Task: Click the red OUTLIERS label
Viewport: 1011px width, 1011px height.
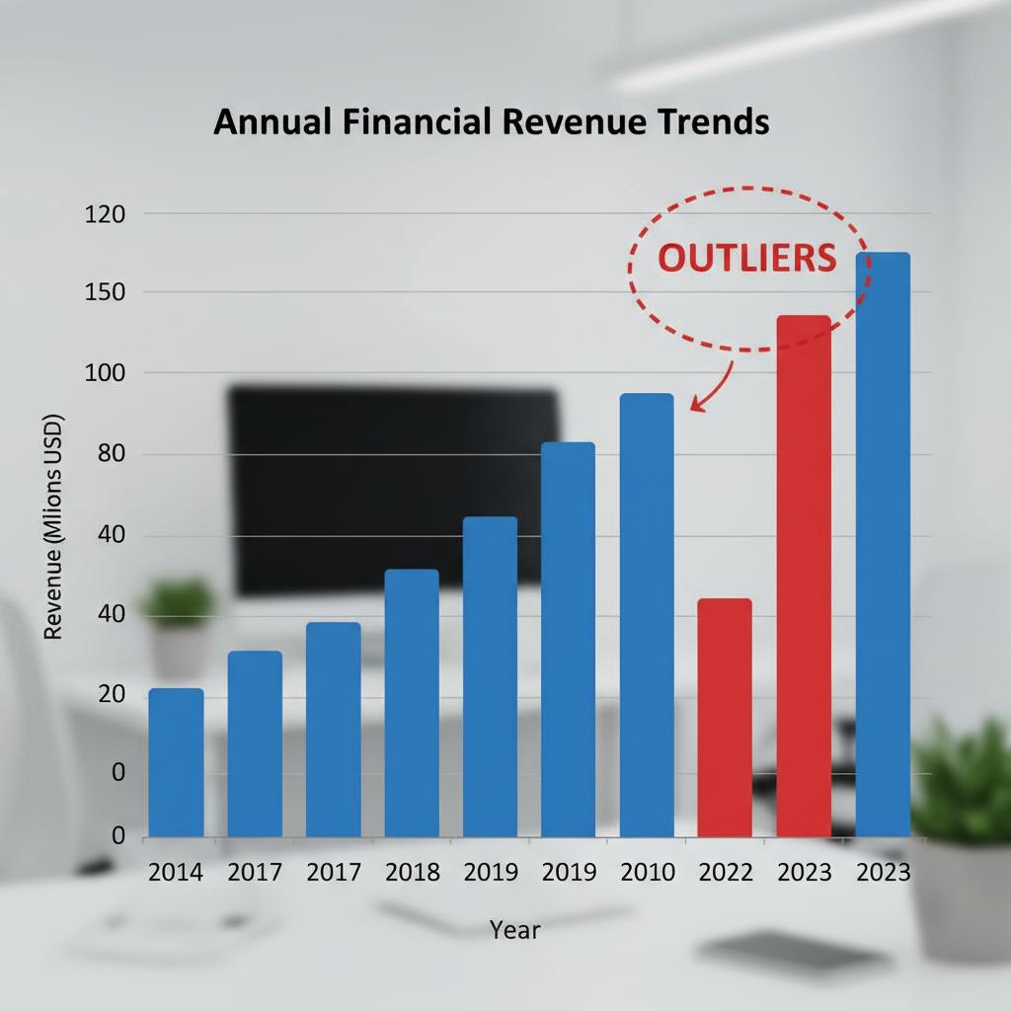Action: pyautogui.click(x=746, y=258)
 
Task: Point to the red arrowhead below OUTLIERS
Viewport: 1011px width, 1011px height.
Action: pyautogui.click(x=696, y=404)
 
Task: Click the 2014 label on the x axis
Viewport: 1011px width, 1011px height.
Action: pyautogui.click(x=176, y=873)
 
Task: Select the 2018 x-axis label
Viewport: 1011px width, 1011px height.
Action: pyautogui.click(x=412, y=873)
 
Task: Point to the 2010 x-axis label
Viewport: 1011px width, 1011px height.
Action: pyautogui.click(x=648, y=873)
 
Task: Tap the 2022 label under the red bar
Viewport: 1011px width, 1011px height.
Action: pyautogui.click(x=726, y=873)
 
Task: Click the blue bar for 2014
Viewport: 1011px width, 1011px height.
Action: pyautogui.click(x=176, y=762)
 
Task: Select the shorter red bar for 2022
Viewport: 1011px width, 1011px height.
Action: pyautogui.click(x=725, y=718)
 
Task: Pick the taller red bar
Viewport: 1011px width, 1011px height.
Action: pyautogui.click(x=804, y=577)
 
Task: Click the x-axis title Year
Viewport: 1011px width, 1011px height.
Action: pyautogui.click(x=515, y=930)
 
